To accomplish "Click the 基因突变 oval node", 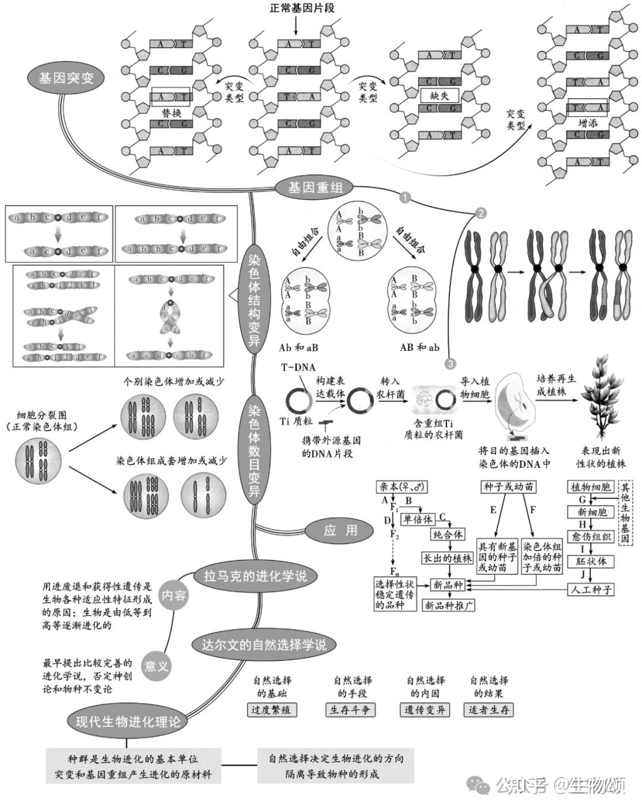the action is coord(65,78).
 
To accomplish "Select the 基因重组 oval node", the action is coord(315,188).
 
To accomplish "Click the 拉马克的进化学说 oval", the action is coord(254,576).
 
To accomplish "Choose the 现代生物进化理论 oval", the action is coord(127,722).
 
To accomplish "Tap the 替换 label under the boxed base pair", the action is coord(171,112).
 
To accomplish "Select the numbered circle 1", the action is coord(405,197).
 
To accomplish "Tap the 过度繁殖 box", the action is coord(272,710).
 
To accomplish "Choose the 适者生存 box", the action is coord(489,710).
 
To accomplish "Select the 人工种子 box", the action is coord(591,590).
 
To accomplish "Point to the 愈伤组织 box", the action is coord(591,537).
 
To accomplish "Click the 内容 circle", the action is coord(174,595).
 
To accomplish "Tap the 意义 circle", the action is coord(156,666).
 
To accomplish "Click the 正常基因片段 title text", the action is coord(302,8).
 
